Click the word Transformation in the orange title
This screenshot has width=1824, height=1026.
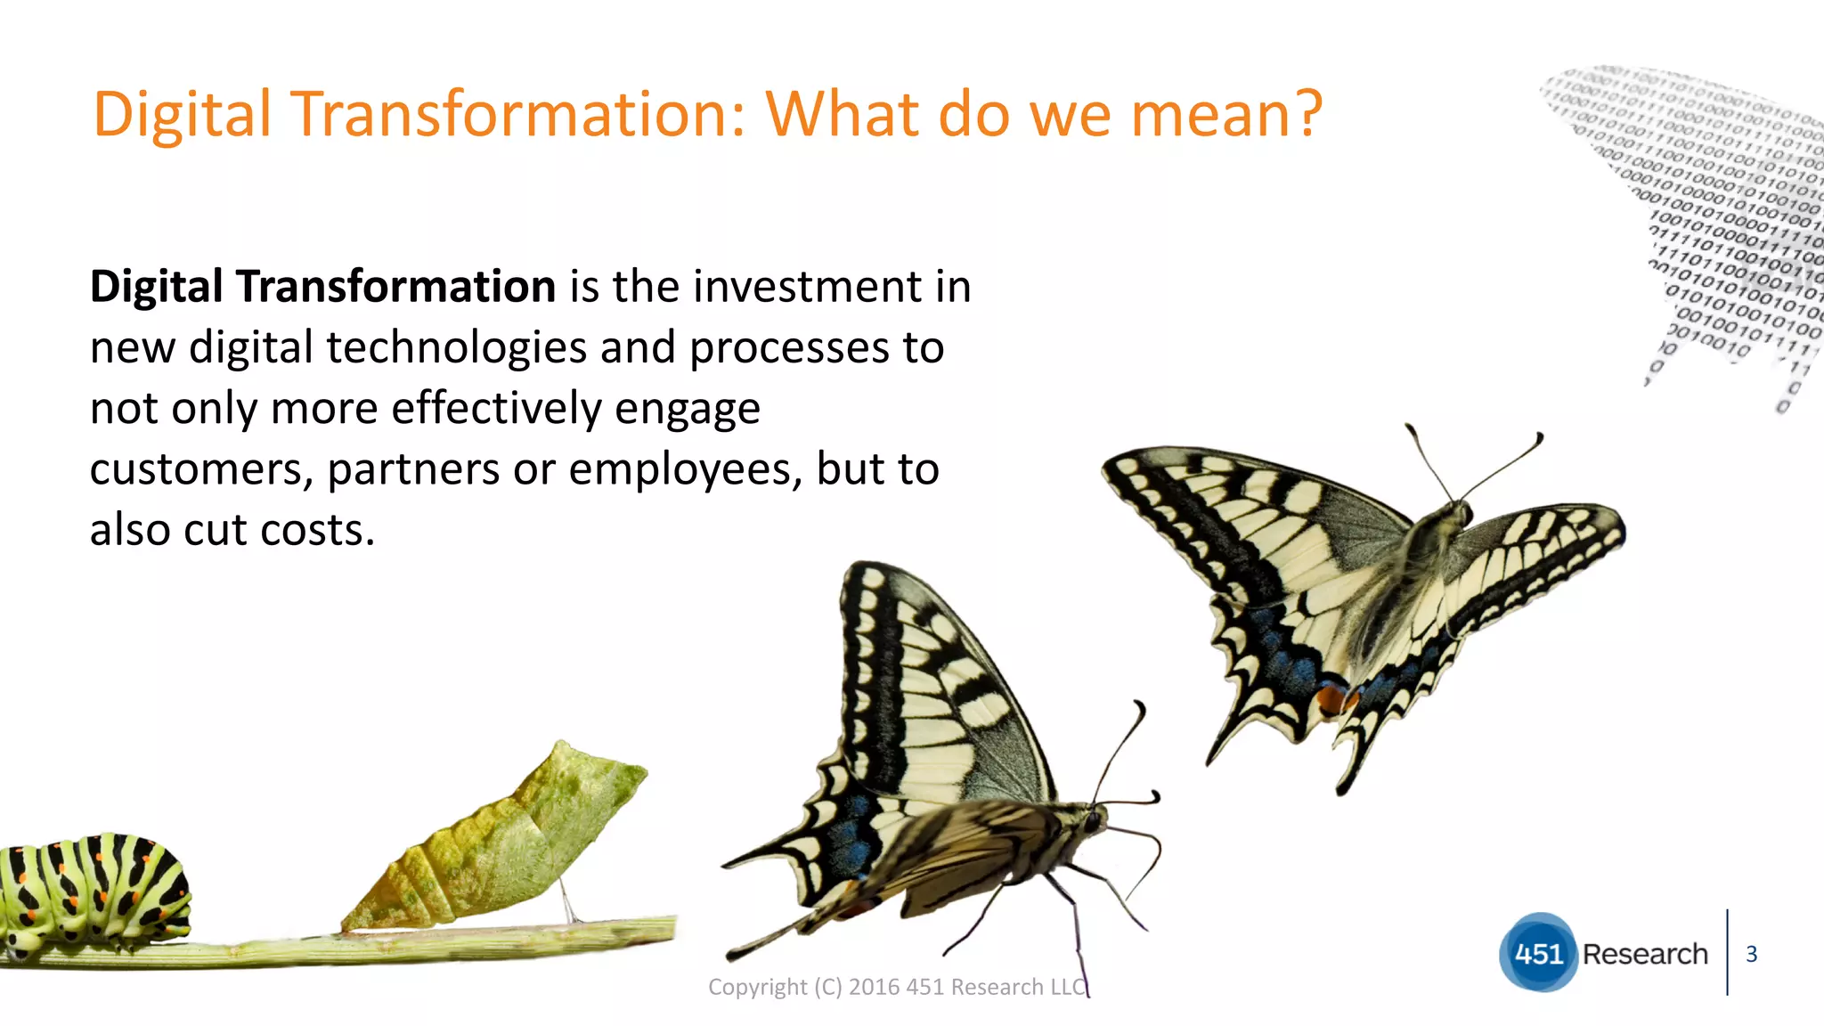pos(517,115)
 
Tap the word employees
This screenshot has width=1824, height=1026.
pos(680,470)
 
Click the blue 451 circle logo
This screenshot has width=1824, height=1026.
pos(1538,953)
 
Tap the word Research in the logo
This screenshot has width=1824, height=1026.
pos(1645,954)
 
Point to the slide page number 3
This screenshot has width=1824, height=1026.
pos(1751,954)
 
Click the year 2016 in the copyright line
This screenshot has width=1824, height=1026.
pos(874,987)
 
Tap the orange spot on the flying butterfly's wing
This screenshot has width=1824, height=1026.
pos(1331,699)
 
